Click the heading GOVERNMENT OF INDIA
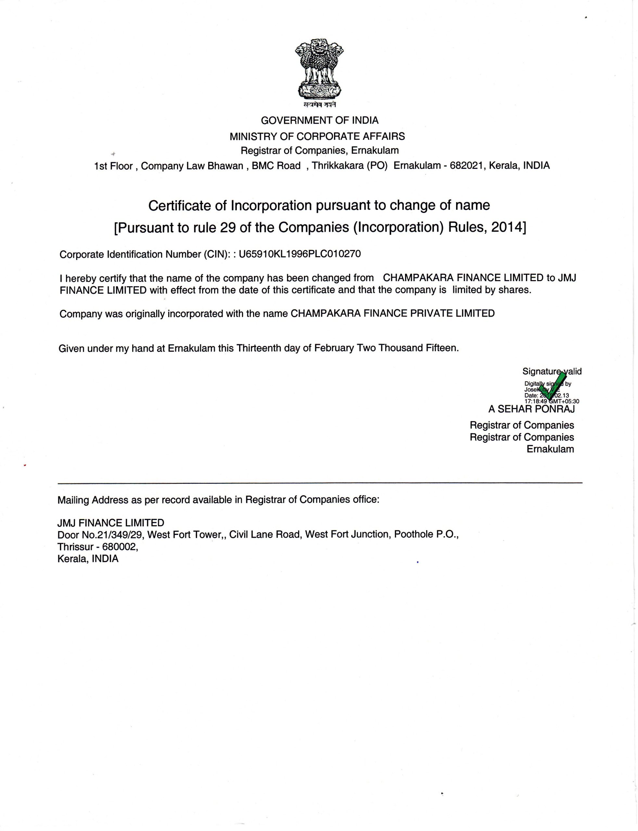pyautogui.click(x=319, y=121)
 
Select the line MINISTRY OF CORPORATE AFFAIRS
pyautogui.click(x=317, y=136)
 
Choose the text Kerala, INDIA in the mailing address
pyautogui.click(x=88, y=559)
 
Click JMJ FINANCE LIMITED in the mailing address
pyautogui.click(x=110, y=523)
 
